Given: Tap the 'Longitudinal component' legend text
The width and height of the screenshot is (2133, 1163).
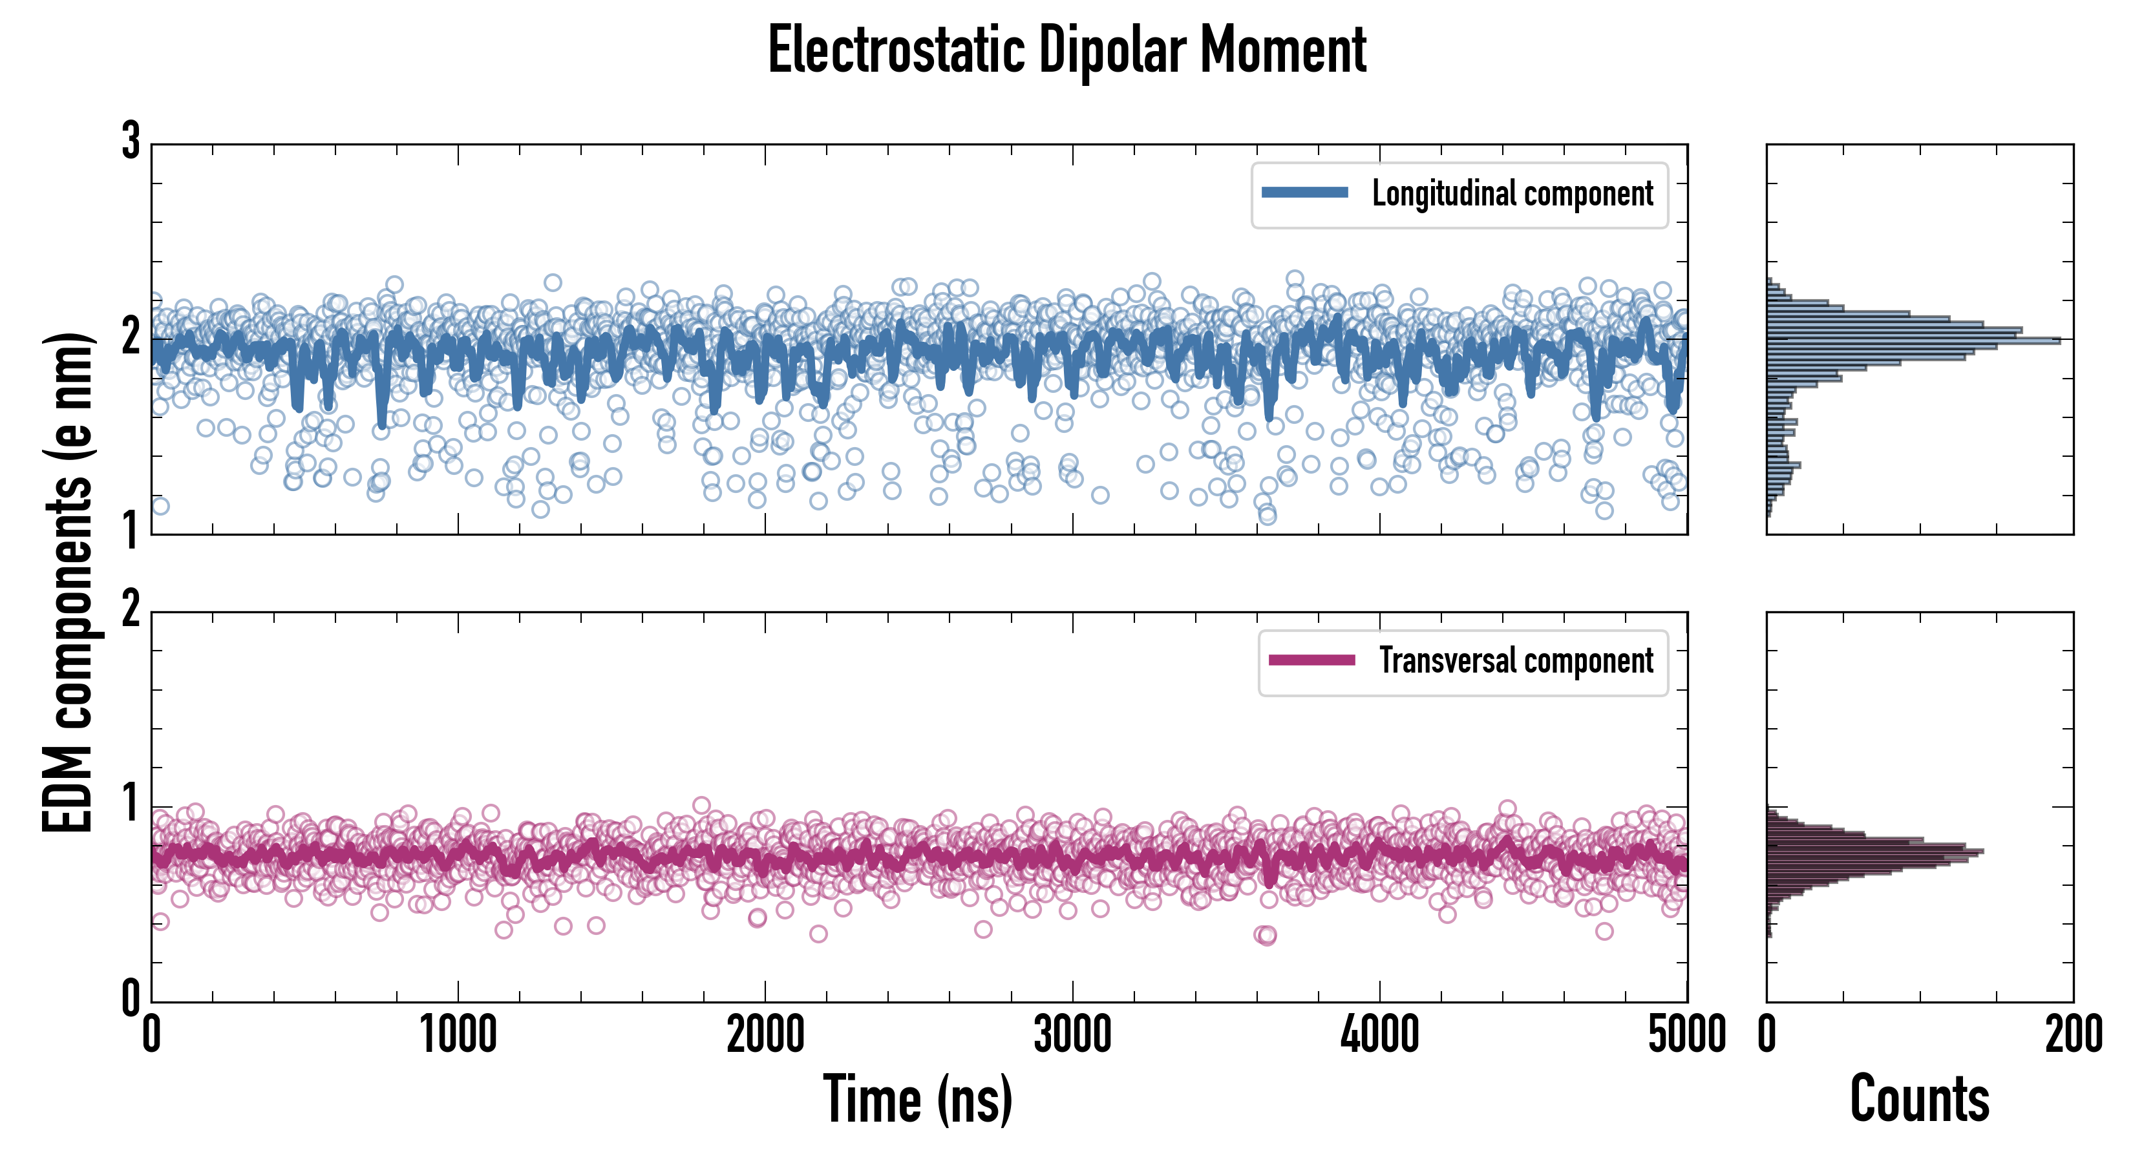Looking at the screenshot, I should coord(1512,194).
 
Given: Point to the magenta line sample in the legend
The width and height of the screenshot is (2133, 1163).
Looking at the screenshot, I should coord(1311,660).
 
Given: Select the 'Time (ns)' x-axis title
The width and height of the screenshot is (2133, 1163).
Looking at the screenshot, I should coord(917,1099).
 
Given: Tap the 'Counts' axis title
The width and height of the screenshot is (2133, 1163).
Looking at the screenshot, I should coord(1919,1099).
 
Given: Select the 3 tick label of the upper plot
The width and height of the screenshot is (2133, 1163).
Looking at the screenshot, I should coord(131,141).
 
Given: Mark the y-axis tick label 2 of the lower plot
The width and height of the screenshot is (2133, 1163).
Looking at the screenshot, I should coord(131,610).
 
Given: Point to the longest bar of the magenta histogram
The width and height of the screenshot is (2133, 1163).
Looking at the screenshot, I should coord(1874,851).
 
